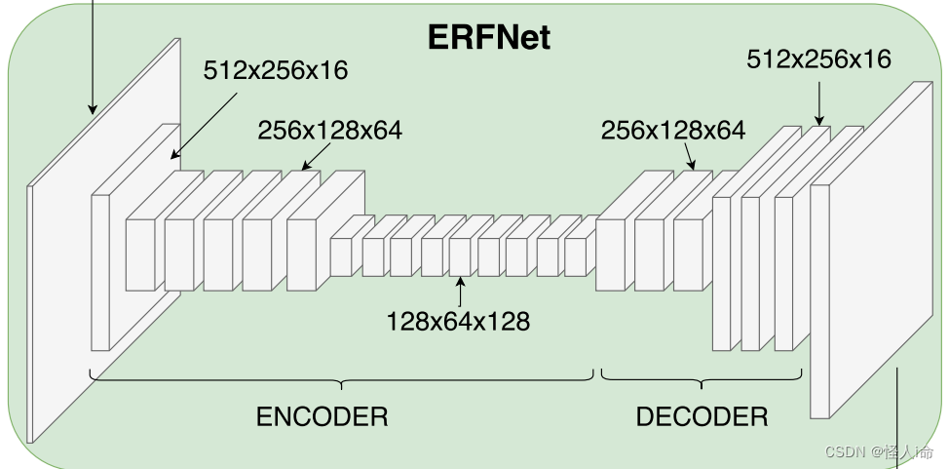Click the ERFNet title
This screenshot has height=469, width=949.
489,37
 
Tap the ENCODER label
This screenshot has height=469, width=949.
322,417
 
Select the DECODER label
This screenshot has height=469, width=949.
702,417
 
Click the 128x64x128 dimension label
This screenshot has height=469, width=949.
458,321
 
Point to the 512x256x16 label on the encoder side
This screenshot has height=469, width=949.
276,71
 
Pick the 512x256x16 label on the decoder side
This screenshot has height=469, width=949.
818,59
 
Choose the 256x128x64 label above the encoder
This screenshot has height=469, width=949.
329,131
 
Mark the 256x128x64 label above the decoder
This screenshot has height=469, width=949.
673,131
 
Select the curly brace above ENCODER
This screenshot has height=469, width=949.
341,377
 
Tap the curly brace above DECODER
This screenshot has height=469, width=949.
702,377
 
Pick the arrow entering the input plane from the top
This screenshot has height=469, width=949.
93,59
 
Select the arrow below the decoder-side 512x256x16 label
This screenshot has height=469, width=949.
819,101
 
